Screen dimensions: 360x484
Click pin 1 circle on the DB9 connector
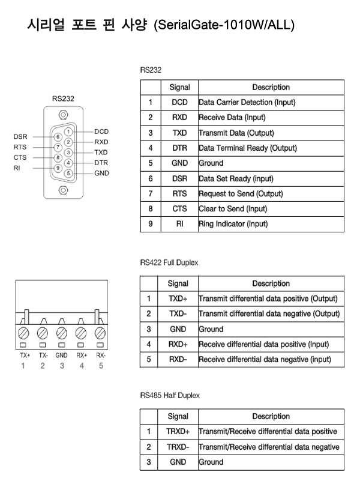coord(68,132)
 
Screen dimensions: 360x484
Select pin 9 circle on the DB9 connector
coord(58,168)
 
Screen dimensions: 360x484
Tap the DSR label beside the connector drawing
coord(20,136)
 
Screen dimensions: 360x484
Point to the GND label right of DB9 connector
coord(101,173)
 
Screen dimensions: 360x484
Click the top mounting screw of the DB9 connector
coord(63,115)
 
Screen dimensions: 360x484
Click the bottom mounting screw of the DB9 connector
coord(63,190)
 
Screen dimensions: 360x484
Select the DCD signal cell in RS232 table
coord(179,103)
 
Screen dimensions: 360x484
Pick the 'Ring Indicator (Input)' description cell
coord(271,224)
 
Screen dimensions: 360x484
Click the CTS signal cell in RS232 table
coord(179,209)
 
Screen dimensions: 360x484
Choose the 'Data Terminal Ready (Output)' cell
coord(271,148)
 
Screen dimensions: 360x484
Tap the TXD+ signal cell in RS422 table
coord(178,299)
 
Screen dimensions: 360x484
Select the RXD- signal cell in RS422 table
coord(178,360)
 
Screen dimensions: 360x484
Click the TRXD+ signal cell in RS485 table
coord(178,432)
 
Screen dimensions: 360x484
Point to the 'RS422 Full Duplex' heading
coord(169,262)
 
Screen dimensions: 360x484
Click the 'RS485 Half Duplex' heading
coord(170,395)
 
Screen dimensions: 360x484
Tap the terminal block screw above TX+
coord(23,333)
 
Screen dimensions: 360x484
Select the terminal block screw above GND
coord(62,333)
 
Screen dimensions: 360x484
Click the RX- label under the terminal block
coord(101,355)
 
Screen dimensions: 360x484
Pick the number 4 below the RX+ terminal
coord(82,366)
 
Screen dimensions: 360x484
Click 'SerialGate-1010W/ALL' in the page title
coord(224,25)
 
